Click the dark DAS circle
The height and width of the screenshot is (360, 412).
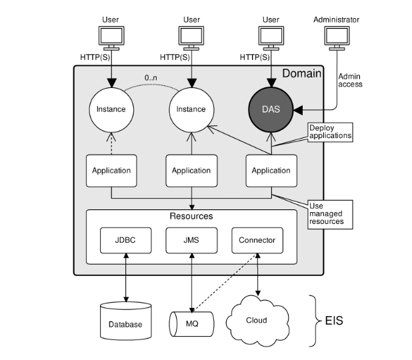(x=271, y=108)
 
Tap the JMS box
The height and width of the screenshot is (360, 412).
(x=191, y=240)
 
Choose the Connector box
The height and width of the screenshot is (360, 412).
(x=257, y=240)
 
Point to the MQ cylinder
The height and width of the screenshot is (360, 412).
(x=193, y=322)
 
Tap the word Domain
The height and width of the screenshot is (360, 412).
(x=303, y=72)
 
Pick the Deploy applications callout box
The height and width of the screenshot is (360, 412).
(x=329, y=131)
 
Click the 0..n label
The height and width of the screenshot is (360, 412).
(x=151, y=79)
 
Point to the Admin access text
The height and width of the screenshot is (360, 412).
(x=351, y=81)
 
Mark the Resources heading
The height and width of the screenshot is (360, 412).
(x=191, y=216)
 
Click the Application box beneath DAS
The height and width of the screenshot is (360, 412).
(x=271, y=170)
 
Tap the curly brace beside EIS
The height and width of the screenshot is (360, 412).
(x=313, y=321)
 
